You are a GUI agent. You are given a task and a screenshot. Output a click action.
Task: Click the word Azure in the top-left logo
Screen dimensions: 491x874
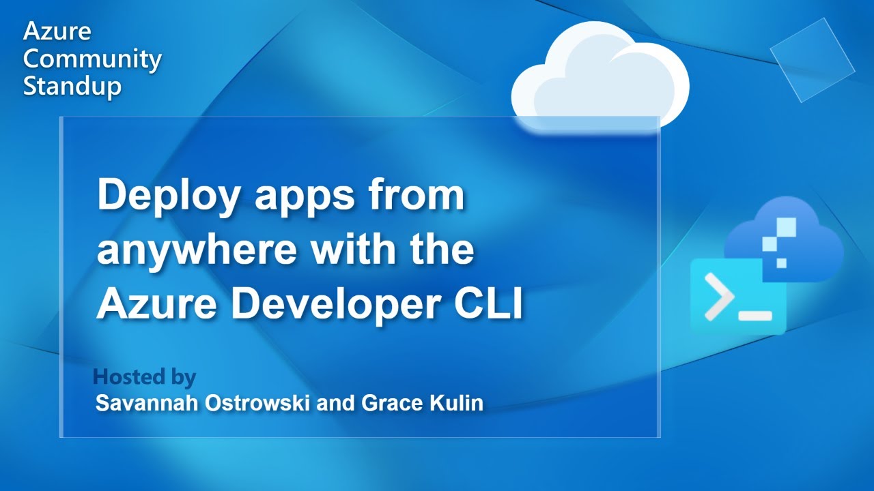click(x=57, y=31)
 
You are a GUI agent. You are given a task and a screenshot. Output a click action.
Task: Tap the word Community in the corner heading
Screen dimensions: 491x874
click(x=92, y=59)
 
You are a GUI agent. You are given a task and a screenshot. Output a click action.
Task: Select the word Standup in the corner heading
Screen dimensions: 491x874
click(x=72, y=87)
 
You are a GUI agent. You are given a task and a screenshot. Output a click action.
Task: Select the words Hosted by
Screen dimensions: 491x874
click(x=144, y=377)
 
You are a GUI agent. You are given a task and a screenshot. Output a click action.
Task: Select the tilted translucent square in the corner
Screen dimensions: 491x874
click(x=813, y=60)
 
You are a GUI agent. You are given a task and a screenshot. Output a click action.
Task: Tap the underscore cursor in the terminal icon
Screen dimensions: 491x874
click(x=755, y=316)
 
